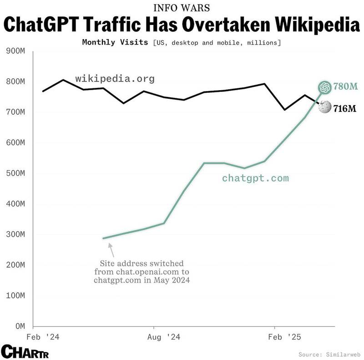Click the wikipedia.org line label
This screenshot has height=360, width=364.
coord(115,79)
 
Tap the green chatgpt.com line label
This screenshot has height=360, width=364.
coord(255,178)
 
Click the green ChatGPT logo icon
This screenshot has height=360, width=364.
coord(324,87)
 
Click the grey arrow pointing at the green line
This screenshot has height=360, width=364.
coord(111,248)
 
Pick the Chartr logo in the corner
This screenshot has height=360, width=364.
coord(25,351)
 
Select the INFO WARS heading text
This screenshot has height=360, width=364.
coord(182,8)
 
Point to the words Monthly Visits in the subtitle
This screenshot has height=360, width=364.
coord(115,42)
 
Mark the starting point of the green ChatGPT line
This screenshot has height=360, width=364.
coord(103,238)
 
